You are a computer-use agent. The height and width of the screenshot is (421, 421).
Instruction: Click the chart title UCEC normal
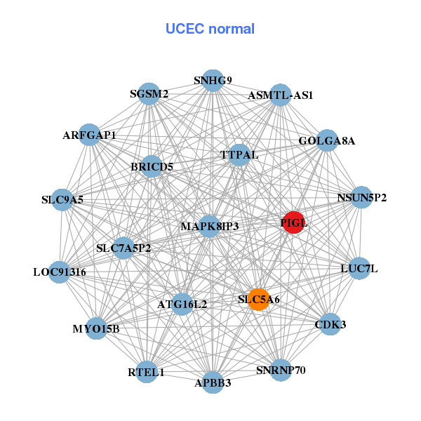210,29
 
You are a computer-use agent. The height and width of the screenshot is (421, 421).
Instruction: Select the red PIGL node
293,222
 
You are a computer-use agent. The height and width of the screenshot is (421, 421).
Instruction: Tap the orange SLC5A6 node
259,300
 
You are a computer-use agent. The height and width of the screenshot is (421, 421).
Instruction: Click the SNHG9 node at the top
213,81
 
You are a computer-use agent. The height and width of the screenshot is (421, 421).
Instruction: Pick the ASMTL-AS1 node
280,95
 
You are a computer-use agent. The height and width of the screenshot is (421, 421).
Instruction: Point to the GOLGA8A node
327,140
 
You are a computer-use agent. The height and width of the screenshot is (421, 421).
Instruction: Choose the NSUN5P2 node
361,197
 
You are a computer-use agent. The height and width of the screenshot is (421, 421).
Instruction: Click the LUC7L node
359,268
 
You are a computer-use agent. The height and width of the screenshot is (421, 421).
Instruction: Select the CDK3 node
330,325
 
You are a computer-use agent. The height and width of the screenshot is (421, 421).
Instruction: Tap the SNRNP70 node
281,370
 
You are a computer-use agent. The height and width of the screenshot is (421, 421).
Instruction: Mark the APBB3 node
213,382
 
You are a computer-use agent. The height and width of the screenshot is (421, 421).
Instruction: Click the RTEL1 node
146,372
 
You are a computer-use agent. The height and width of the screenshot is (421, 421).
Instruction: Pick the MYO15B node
96,328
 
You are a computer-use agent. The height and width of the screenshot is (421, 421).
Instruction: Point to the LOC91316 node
60,272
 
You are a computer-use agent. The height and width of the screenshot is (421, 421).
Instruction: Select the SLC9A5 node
62,200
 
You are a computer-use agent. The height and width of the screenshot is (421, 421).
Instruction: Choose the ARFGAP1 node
89,135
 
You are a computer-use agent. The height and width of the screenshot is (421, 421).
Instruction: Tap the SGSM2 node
149,94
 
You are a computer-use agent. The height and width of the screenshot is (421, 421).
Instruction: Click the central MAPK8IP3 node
210,226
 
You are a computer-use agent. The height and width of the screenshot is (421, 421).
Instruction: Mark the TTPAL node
239,154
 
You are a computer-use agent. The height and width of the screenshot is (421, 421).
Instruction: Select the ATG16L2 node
182,304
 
